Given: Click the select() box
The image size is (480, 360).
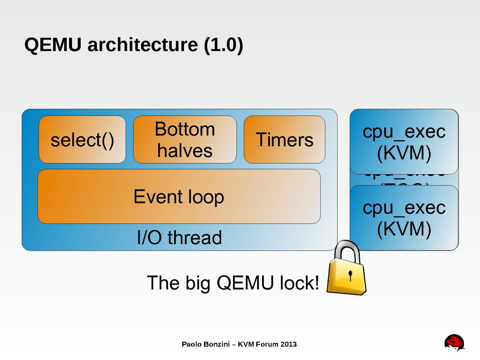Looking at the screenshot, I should click(x=82, y=140).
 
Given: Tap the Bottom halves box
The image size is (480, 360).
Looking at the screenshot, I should click(x=185, y=140).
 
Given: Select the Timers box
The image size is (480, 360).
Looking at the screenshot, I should click(x=284, y=140).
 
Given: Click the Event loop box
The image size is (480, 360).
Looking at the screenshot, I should click(x=179, y=197).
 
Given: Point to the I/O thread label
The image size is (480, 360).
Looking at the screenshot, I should click(x=179, y=237).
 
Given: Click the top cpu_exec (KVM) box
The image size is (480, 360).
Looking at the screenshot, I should click(x=404, y=142).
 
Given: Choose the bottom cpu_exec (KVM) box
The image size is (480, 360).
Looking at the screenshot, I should click(x=404, y=218).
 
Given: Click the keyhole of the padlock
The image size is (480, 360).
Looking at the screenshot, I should click(x=350, y=274).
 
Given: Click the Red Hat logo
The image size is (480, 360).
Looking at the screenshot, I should click(x=454, y=342).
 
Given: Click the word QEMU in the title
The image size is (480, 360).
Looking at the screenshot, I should click(x=53, y=45).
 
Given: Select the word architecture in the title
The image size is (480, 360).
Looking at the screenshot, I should click(x=143, y=45).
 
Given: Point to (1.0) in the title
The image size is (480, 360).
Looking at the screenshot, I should click(x=223, y=45).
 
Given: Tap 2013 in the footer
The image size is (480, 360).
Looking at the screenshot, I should click(x=288, y=344).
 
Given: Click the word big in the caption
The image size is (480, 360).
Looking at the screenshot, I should click(x=198, y=283).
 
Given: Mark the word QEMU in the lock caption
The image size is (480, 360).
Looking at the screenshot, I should click(x=245, y=283).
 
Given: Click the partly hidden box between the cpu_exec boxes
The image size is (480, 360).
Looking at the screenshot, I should click(x=404, y=180).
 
